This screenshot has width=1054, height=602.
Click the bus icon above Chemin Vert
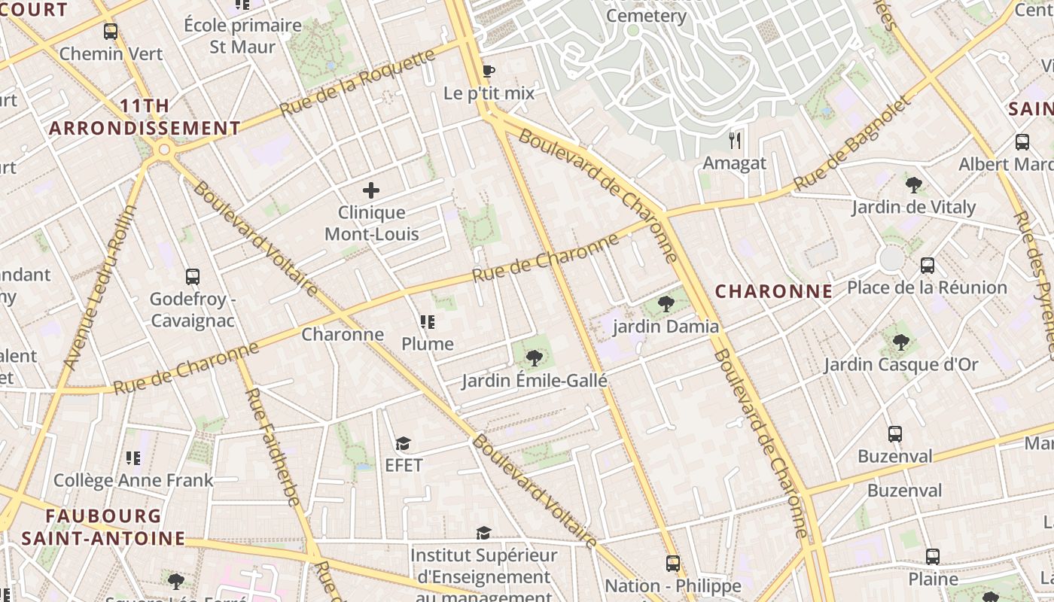pos(111,32)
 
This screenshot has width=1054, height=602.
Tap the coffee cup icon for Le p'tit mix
pos(488,71)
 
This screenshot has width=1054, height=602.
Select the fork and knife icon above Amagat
pos(735,140)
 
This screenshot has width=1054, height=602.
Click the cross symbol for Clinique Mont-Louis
pos(371,190)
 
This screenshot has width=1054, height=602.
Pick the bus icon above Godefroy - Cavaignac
pos(193,277)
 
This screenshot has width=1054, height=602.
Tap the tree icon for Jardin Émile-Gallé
pos(534,358)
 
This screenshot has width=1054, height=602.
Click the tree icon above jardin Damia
pos(666,304)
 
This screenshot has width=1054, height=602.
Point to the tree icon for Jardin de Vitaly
pos(914,184)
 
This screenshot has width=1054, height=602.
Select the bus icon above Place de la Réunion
pos(928,266)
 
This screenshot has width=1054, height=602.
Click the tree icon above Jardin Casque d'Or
pos(900,342)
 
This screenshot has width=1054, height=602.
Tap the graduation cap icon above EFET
pos(404,443)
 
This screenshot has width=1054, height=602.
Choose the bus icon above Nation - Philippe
pos(673,564)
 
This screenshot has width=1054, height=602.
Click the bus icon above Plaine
pos(933,557)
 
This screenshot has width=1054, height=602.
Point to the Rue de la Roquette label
pos(358,83)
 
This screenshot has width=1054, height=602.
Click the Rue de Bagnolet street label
pos(852,143)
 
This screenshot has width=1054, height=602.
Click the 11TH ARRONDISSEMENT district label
pos(145,117)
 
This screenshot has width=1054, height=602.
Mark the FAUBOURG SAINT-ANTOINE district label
pos(103,527)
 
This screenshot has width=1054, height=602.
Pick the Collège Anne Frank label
pos(133,479)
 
